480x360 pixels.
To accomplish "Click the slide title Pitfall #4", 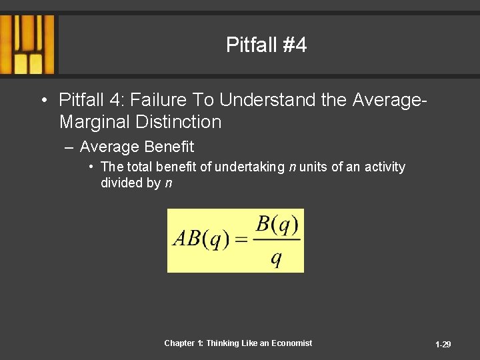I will tap(266, 45).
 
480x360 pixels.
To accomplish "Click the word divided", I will tap(121, 183).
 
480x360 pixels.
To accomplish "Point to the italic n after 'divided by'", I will tap(168, 183).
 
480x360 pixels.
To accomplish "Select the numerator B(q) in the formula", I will tap(277, 225).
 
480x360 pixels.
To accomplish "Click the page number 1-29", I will tap(443, 345).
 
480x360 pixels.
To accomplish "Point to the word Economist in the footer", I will tap(291, 343).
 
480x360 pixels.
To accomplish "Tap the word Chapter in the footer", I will tap(179, 343).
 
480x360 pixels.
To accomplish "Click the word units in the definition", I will tap(313, 167).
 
